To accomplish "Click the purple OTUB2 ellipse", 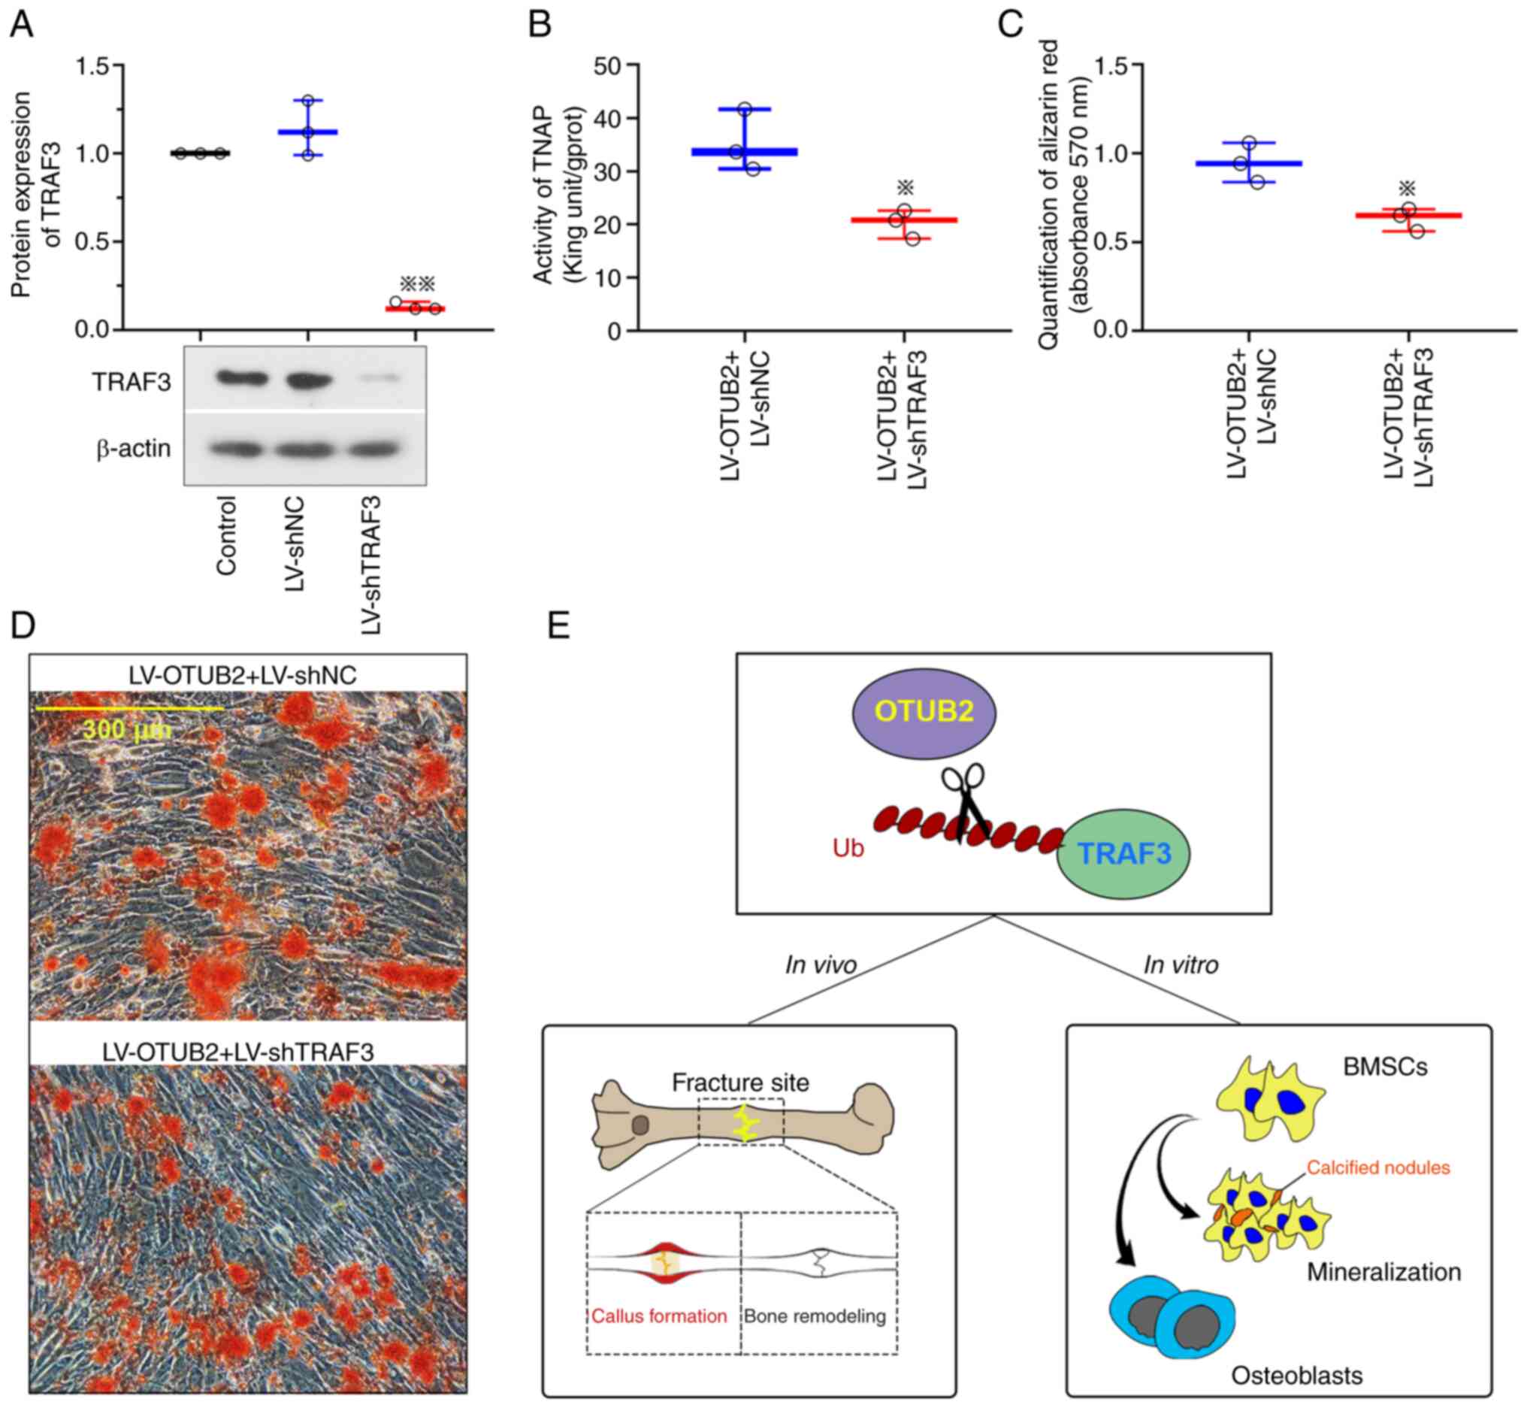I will [x=924, y=712].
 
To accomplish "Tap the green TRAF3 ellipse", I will [x=1123, y=853].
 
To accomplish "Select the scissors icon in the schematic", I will [x=964, y=800].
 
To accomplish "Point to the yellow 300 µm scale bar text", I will [x=127, y=730].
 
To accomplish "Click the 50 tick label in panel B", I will [x=609, y=65].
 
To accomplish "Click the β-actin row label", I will [x=133, y=449].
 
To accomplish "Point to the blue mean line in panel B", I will [x=743, y=152].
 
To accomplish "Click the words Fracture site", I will [x=740, y=1082].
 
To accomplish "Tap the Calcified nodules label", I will [x=1377, y=1167].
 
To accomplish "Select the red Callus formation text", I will [x=659, y=1316].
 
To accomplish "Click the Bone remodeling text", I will [x=815, y=1316].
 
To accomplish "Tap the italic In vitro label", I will [x=1181, y=965].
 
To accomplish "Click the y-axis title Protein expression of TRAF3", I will [x=36, y=194].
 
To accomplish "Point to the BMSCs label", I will [x=1384, y=1067].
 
